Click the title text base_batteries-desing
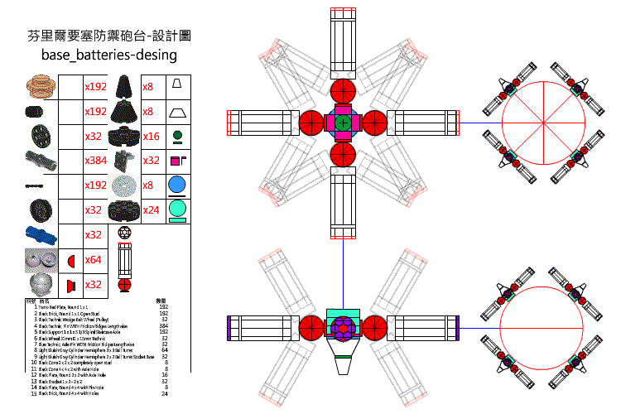click(x=109, y=55)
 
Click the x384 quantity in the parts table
click(x=97, y=161)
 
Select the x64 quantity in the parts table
click(x=94, y=260)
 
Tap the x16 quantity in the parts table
click(x=151, y=136)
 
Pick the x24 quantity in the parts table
click(x=151, y=210)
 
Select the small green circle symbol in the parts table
click(x=176, y=134)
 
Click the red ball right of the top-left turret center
click(x=373, y=123)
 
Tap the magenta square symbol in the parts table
click(x=174, y=161)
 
